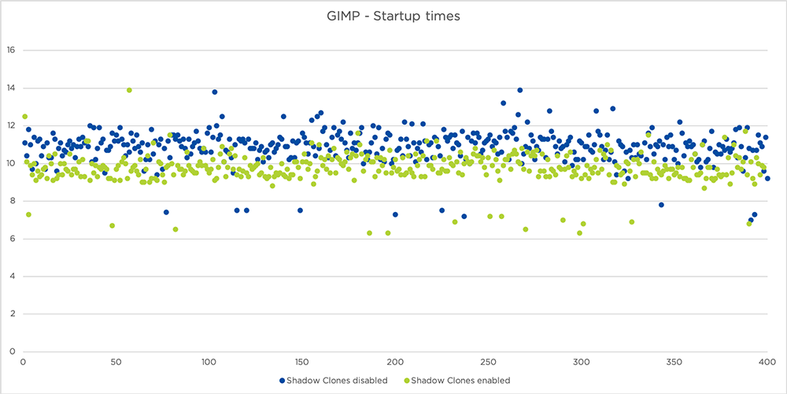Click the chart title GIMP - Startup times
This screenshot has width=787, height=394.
pos(393,16)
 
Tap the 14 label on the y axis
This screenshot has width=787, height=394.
pos(10,88)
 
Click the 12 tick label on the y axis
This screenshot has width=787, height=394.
pos(10,126)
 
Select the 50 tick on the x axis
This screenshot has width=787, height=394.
pos(116,362)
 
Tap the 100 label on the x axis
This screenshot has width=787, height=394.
pos(209,362)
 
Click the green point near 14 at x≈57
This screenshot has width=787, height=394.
pos(129,90)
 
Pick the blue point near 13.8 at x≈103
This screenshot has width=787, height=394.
pos(214,92)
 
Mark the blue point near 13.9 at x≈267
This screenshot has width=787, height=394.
pos(520,90)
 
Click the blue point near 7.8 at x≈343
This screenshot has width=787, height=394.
pos(661,205)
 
